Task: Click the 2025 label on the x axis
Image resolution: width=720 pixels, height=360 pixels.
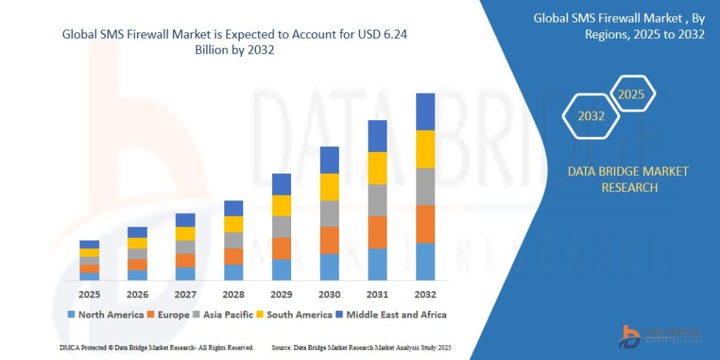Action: (x=89, y=294)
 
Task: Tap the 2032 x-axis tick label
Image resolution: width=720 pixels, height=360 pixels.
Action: (x=425, y=294)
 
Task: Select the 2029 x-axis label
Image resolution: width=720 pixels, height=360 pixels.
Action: (x=281, y=294)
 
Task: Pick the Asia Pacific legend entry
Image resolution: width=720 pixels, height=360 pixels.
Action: (x=223, y=314)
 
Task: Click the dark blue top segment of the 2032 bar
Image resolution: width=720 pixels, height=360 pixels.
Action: (x=425, y=111)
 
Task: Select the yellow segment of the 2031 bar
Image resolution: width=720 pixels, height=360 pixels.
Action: (x=378, y=168)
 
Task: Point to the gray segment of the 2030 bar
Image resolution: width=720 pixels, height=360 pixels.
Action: (x=329, y=213)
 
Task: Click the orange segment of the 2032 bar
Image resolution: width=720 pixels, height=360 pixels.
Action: (x=425, y=224)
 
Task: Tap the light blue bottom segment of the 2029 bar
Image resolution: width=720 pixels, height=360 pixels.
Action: (x=281, y=269)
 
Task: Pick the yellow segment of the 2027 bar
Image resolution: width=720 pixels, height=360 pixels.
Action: (x=185, y=233)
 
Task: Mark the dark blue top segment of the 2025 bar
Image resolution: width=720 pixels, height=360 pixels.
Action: (x=89, y=244)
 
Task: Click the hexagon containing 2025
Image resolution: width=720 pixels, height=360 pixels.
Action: (x=631, y=94)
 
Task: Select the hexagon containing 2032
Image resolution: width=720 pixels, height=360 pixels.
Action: (x=591, y=116)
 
